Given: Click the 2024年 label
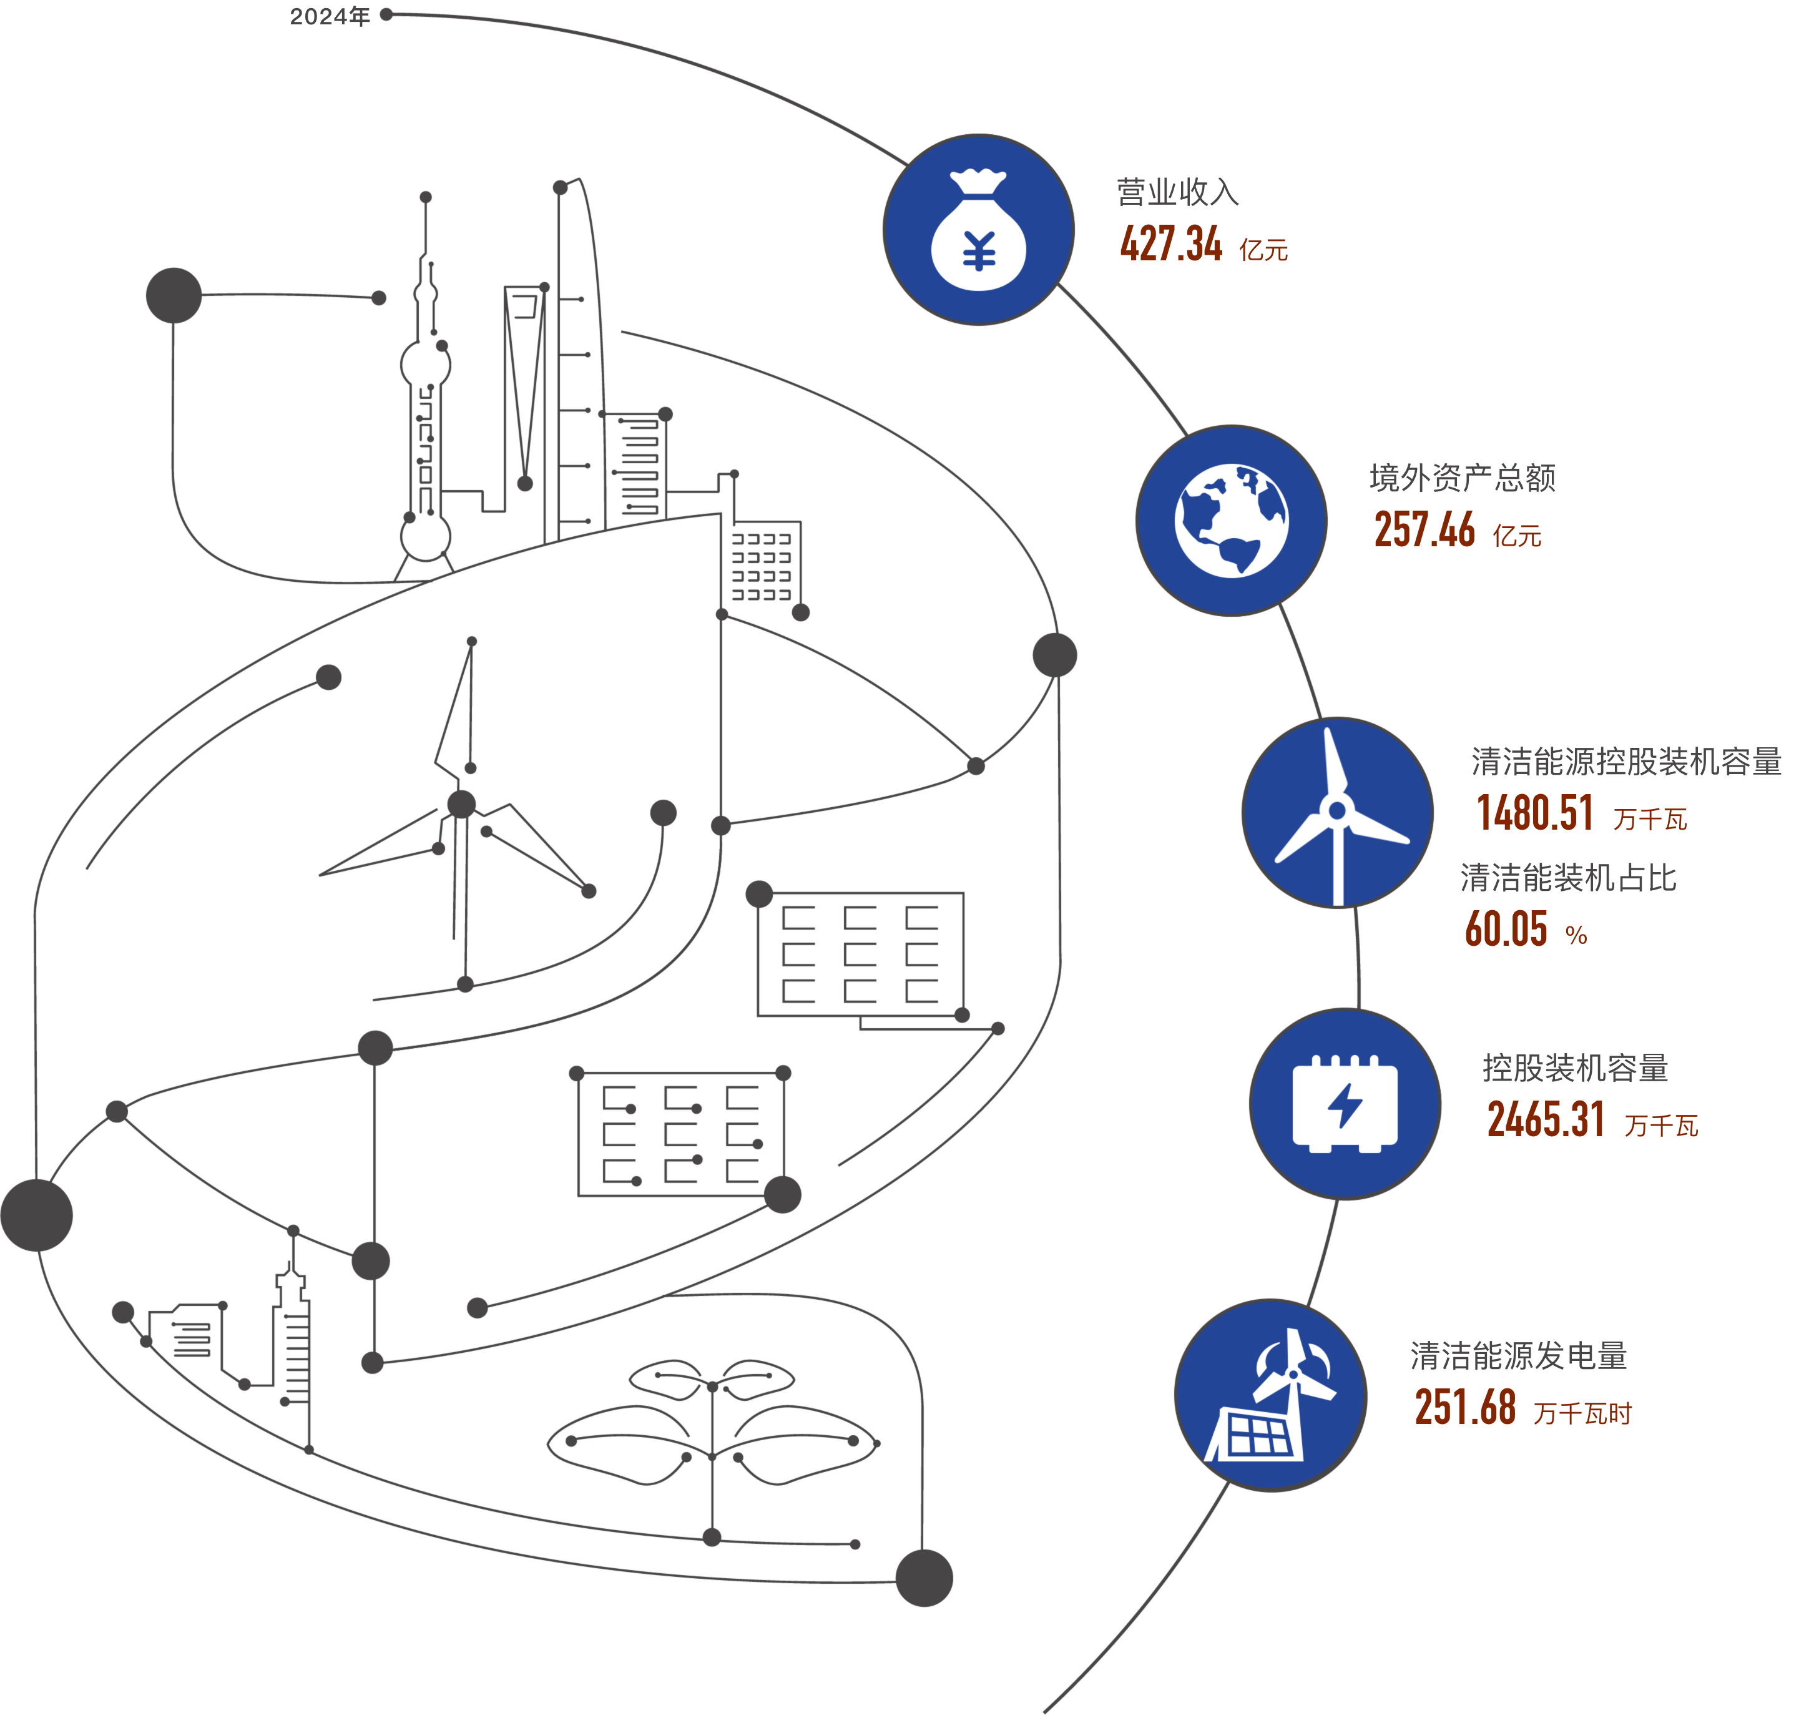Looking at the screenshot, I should coord(329,16).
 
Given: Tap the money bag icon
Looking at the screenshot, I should coord(978,230).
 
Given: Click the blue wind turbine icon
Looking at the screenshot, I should coord(1337,812).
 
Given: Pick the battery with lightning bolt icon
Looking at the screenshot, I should coord(1345,1103).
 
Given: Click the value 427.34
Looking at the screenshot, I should coord(1170,244).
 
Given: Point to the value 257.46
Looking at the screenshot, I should coord(1424,530).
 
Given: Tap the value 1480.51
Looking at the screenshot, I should coord(1535,813).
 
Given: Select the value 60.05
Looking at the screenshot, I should coord(1506,930).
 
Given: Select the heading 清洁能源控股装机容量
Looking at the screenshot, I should coord(1626,762).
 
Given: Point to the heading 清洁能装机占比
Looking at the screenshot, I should coord(1568,878).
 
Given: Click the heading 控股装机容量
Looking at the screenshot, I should coord(1576,1068).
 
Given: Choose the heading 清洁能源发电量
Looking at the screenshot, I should coord(1519,1357).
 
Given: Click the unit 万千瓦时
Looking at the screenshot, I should coord(1582,1415).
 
